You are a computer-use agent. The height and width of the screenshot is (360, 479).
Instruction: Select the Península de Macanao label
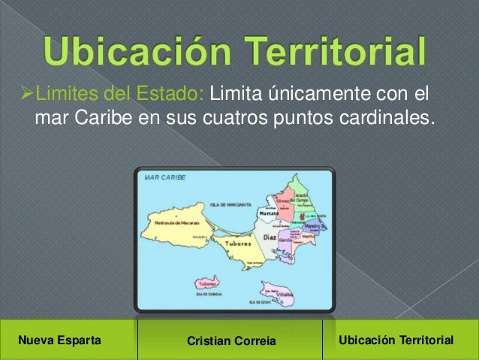pos(178,223)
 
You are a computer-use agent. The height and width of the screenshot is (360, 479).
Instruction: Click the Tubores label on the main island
pos(239,244)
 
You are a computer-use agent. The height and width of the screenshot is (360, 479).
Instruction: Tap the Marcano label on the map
pos(269,214)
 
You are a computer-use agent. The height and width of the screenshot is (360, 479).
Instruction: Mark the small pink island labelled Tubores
pos(208,284)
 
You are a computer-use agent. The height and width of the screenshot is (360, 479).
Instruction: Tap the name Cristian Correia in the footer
pos(230,343)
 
